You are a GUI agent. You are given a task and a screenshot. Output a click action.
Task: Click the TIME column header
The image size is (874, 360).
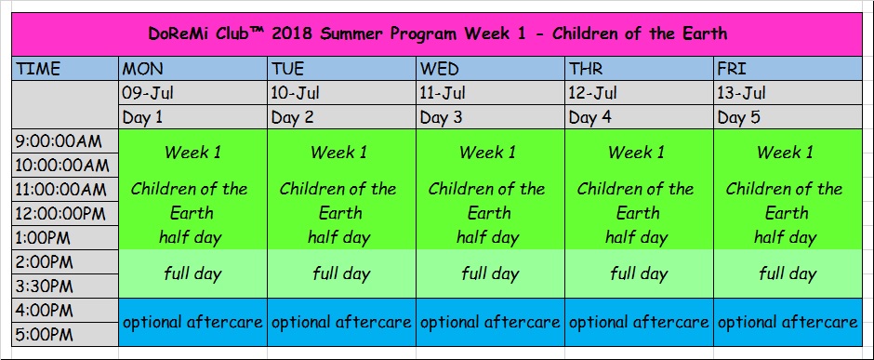pyautogui.click(x=38, y=69)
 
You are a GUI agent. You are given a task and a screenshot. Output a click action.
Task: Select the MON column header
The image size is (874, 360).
pyautogui.click(x=142, y=69)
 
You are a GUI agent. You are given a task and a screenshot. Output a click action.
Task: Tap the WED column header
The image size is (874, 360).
pyautogui.click(x=439, y=69)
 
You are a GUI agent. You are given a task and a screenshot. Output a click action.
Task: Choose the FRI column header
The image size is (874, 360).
pyautogui.click(x=731, y=69)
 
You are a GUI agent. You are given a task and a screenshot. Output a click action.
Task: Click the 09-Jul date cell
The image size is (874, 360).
pyautogui.click(x=148, y=93)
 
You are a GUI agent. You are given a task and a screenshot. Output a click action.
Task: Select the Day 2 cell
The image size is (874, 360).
pyautogui.click(x=293, y=117)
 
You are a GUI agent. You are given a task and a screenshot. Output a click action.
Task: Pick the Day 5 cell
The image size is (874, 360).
pyautogui.click(x=739, y=117)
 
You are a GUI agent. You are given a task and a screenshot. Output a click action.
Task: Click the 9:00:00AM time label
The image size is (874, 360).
pyautogui.click(x=59, y=141)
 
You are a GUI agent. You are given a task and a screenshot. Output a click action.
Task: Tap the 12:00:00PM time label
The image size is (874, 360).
pyautogui.click(x=60, y=214)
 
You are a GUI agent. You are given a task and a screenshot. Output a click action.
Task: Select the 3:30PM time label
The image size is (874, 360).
pyautogui.click(x=44, y=287)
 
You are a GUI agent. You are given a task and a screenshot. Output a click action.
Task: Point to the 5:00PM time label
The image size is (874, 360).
pyautogui.click(x=44, y=335)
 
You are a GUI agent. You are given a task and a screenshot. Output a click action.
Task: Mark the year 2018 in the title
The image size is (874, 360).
pyautogui.click(x=293, y=34)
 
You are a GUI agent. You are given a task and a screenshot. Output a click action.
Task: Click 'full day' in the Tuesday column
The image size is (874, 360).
pyautogui.click(x=341, y=273)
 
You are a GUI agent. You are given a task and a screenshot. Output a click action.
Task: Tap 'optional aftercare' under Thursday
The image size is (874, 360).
pyautogui.click(x=639, y=322)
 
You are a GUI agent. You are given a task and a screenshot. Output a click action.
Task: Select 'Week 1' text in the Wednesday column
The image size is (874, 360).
pyautogui.click(x=488, y=153)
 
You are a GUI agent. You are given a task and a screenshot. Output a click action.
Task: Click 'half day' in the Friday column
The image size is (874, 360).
pyautogui.click(x=786, y=238)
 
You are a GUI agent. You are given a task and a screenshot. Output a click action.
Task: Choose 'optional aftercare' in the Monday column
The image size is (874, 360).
pyautogui.click(x=192, y=322)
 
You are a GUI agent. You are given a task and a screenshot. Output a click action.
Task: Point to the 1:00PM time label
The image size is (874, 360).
pyautogui.click(x=43, y=238)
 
